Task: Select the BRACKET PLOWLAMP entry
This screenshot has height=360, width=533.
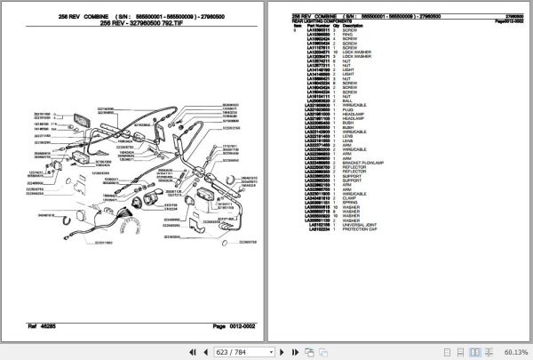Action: (363, 164)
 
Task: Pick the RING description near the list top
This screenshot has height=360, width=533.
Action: (348, 34)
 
